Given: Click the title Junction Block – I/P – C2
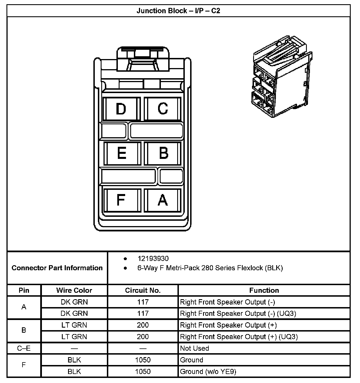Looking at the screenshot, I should pyautogui.click(x=178, y=11).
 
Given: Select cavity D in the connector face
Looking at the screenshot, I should pyautogui.click(x=121, y=109).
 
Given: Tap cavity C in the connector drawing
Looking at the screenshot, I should pyautogui.click(x=163, y=109).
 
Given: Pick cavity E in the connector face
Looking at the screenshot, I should pyautogui.click(x=121, y=153).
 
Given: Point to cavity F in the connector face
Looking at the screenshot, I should pyautogui.click(x=121, y=200).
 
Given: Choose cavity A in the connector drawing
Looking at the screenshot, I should pyautogui.click(x=163, y=200).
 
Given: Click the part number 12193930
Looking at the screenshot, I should pyautogui.click(x=153, y=258).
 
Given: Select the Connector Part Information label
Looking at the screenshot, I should pyautogui.click(x=57, y=268).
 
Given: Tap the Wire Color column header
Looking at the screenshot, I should pyautogui.click(x=74, y=290).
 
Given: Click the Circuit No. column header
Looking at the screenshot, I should pyautogui.click(x=143, y=290).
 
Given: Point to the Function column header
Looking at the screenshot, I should pyautogui.click(x=264, y=290).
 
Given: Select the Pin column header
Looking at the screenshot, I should pyautogui.click(x=24, y=290).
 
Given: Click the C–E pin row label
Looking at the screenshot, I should pyautogui.click(x=24, y=348).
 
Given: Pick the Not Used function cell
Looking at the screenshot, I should pyautogui.click(x=195, y=348).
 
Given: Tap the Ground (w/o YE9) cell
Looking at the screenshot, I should pyautogui.click(x=208, y=371).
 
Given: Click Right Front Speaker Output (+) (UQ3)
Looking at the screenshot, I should pyautogui.click(x=239, y=337).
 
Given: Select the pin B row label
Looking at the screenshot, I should pyautogui.click(x=24, y=330).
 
